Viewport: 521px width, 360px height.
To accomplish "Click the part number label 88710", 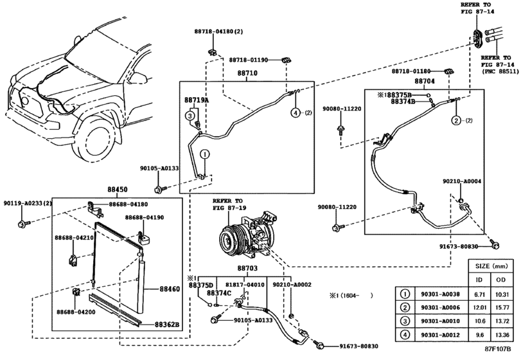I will point(247,75).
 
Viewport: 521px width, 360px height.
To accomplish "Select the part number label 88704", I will point(424,82).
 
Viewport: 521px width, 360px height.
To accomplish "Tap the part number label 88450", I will point(118,190).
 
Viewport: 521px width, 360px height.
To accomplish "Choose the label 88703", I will point(247,267).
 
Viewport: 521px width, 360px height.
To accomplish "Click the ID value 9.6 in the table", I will point(479,334).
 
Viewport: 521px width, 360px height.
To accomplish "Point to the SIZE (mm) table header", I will point(491,264).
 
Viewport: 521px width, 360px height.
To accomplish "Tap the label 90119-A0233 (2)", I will point(28,203).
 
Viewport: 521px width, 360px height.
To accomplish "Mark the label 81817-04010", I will point(245,283).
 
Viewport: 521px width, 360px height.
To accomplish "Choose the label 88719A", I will point(197,100).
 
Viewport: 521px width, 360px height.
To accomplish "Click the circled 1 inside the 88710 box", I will point(204,154).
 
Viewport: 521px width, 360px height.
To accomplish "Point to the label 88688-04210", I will point(75,238).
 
